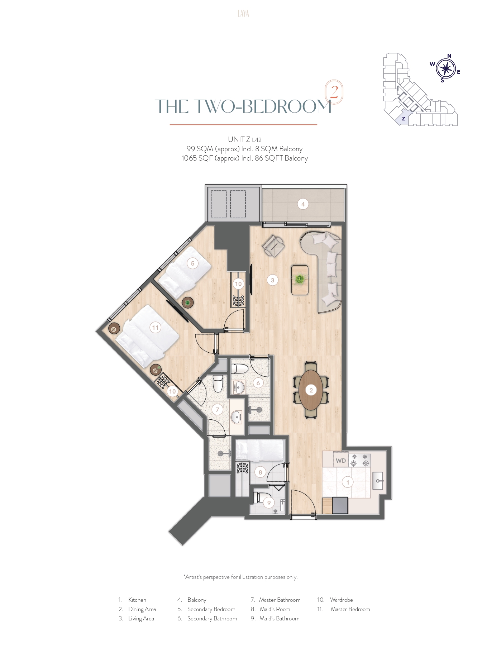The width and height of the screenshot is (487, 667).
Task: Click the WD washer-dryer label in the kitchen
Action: point(341,461)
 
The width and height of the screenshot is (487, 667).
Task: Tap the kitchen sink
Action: point(378,481)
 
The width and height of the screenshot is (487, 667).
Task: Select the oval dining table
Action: point(311,390)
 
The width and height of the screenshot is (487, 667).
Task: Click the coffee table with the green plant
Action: point(300,280)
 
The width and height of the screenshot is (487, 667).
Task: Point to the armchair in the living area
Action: point(273,246)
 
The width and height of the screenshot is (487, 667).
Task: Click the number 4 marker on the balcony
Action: point(303,204)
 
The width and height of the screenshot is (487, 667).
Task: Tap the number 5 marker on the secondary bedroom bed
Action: point(192,263)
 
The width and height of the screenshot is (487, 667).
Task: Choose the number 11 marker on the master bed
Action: point(155,328)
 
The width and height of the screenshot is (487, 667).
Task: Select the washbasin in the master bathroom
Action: point(236,417)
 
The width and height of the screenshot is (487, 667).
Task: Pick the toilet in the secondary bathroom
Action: point(239,369)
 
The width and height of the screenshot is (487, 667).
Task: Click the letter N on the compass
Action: point(449,56)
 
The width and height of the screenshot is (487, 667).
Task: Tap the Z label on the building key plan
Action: point(404,119)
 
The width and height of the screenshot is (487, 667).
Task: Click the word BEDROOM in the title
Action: point(286,106)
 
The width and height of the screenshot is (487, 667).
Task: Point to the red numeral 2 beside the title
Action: point(334,92)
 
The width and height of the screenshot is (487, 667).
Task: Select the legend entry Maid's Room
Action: point(275,609)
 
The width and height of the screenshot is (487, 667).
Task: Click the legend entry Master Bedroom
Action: point(350,609)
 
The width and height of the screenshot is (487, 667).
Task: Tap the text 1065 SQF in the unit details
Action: point(197,158)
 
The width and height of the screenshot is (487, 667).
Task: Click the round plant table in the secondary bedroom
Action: point(187,302)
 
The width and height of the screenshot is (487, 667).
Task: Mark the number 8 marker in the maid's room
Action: point(260,472)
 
